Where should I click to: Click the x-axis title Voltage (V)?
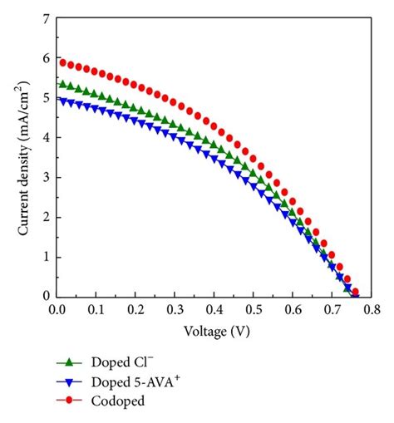(x=214, y=329)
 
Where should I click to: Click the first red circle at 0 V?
(x=60, y=61)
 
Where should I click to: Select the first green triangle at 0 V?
(x=60, y=84)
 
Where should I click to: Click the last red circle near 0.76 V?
(x=355, y=292)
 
